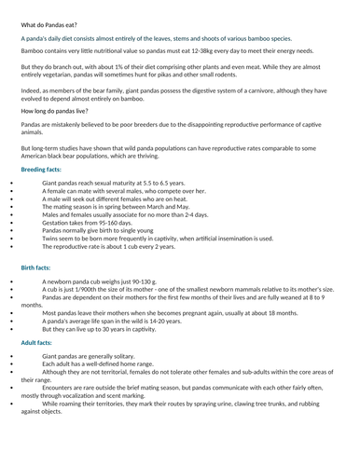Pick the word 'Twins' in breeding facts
[x=52, y=239]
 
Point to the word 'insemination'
[x=238, y=239]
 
